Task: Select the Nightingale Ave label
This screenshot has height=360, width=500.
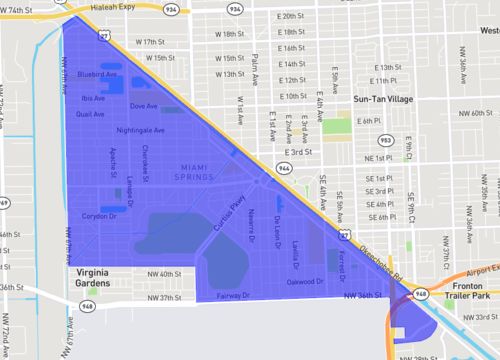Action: (x=140, y=130)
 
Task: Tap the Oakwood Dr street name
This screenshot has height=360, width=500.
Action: (x=306, y=281)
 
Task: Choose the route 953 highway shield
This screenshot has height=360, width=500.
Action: (x=385, y=140)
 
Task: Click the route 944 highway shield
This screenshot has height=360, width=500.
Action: (x=284, y=169)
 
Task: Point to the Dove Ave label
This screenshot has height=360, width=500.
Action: (x=144, y=106)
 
